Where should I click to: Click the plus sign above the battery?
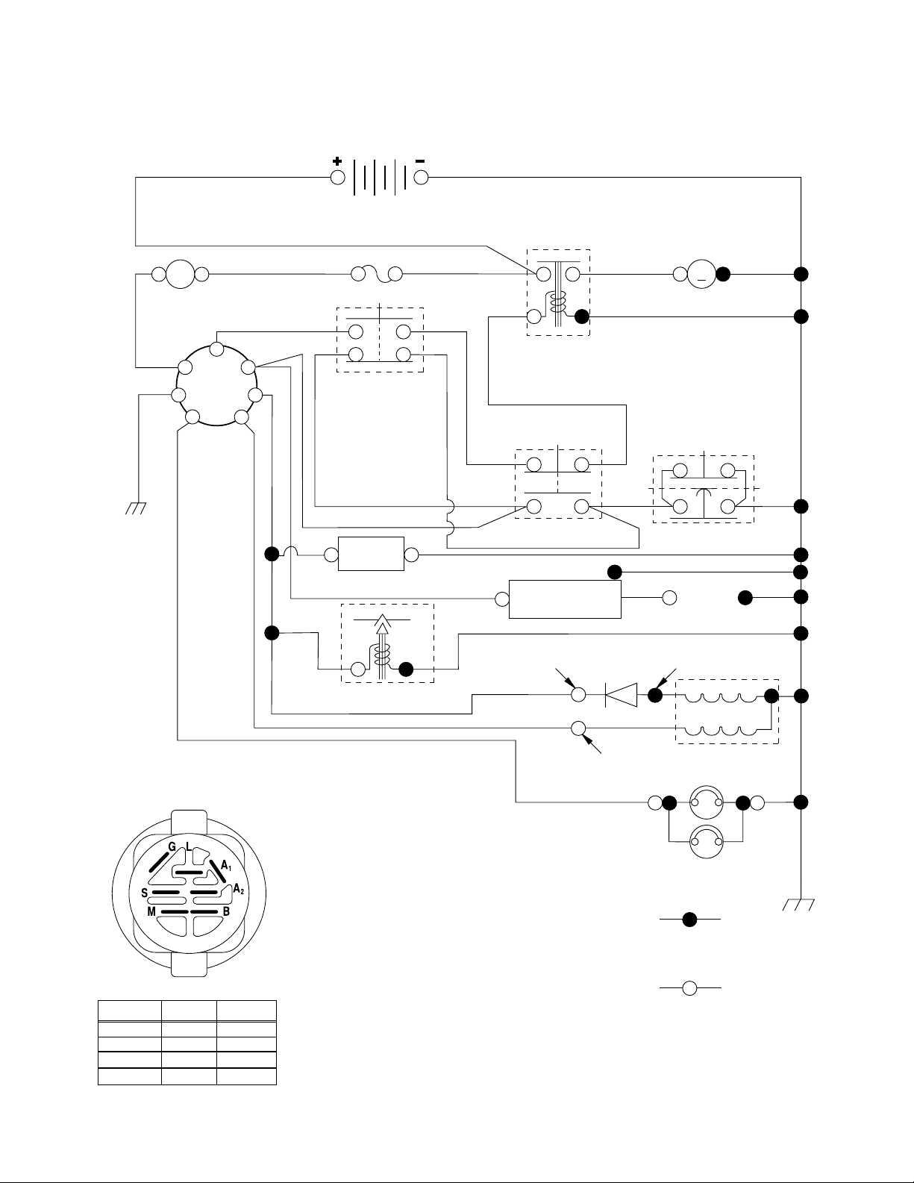337,161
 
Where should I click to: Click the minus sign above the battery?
420,161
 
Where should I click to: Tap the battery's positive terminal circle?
338,178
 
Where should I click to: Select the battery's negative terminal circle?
421,178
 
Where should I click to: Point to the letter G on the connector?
172,847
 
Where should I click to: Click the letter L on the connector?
188,846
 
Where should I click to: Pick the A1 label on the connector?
226,865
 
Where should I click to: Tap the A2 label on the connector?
238,889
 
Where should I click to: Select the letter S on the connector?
144,893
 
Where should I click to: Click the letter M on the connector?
151,912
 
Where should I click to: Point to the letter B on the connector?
226,912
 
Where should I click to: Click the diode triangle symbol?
621,695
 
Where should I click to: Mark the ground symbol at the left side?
136,508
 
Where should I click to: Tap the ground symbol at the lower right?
798,905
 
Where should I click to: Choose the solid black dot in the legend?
689,920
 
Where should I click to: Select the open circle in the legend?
689,988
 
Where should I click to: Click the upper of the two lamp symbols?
707,802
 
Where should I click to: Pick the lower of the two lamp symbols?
707,841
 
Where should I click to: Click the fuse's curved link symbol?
377,275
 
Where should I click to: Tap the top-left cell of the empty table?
130,1011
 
